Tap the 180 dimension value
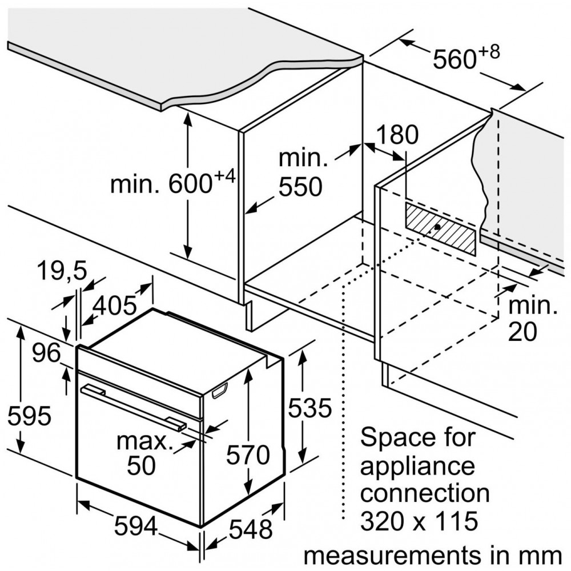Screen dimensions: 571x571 tap(397, 134)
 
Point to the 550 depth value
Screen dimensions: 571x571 tap(300, 187)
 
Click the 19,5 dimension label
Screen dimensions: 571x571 tap(62, 271)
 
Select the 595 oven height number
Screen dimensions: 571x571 tap(30, 416)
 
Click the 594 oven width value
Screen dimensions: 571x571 tap(136, 526)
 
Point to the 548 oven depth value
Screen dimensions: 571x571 tap(251, 529)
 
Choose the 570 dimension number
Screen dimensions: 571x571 tap(248, 455)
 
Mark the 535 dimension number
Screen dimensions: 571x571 tap(310, 408)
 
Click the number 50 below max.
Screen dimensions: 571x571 tap(141, 465)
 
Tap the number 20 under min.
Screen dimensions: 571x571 tap(522, 332)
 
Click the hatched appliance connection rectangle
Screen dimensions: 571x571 tap(440, 229)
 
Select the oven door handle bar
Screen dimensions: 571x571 tap(133, 408)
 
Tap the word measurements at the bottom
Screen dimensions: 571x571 tap(392, 556)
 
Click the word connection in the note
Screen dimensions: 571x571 tap(425, 493)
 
